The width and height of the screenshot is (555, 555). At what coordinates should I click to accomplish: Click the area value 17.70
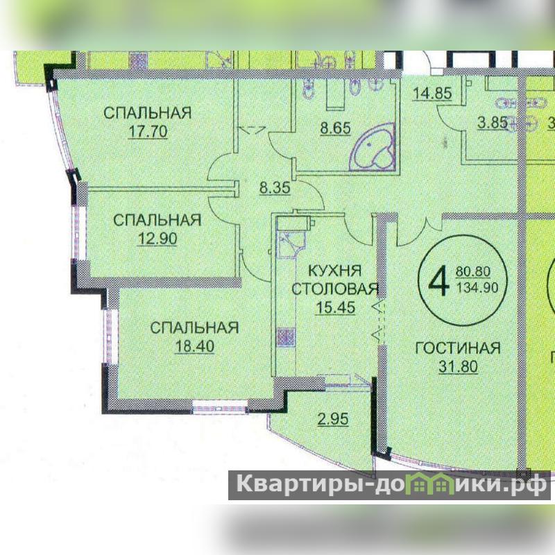point(148,131)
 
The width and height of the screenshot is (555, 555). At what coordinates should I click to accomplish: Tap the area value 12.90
point(157,239)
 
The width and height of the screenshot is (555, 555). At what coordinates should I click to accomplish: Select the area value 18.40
point(195,346)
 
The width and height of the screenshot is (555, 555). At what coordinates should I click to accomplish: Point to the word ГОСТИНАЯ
point(458,348)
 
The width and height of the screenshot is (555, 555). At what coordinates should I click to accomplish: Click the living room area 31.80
point(458,366)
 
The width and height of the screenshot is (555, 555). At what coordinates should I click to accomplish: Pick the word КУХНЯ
point(335,271)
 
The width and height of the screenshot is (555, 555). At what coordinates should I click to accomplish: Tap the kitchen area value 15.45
point(335,307)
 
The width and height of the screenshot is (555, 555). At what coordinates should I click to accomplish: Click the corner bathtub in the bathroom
point(373,148)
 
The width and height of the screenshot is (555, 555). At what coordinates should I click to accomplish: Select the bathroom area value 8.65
point(335,128)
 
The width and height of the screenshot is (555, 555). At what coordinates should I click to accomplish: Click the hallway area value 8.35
point(275,187)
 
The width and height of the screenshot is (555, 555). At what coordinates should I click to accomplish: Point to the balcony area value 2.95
point(333,419)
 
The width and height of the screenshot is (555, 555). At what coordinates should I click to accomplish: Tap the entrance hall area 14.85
point(432,94)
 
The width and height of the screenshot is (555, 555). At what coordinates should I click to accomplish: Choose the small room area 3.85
point(493,123)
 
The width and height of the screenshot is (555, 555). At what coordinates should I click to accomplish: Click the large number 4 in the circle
point(439,282)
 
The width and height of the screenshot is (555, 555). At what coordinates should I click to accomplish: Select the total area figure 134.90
point(477,287)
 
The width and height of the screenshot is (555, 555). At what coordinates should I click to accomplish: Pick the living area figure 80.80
point(473,271)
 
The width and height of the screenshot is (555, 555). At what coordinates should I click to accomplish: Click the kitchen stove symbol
point(286,336)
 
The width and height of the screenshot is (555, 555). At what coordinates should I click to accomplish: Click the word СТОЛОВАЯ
point(335,289)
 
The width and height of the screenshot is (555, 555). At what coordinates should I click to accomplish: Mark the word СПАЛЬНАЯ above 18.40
point(194,327)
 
